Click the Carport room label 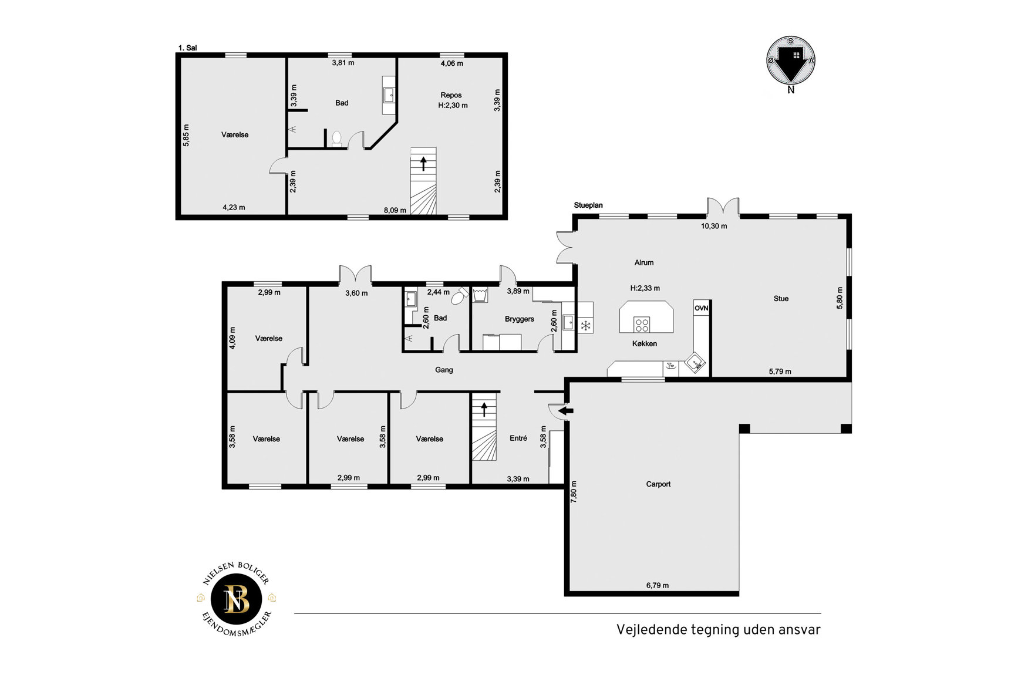coord(658,484)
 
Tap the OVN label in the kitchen coord(701,308)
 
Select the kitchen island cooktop coord(642,324)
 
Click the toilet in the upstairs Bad coord(336,138)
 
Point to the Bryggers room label coord(520,319)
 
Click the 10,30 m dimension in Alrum coord(714,226)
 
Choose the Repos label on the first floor coord(451,95)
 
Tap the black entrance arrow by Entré coord(565,411)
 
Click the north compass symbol coord(791,60)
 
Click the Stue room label coord(781,299)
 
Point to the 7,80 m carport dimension coord(574,491)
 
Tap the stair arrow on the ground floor coord(484,409)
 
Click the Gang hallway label coord(444,370)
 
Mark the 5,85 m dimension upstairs coord(186,135)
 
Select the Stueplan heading coord(588,205)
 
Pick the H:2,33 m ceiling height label coord(645,288)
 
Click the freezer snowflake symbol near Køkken coord(585,325)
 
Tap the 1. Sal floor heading coord(187,48)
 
